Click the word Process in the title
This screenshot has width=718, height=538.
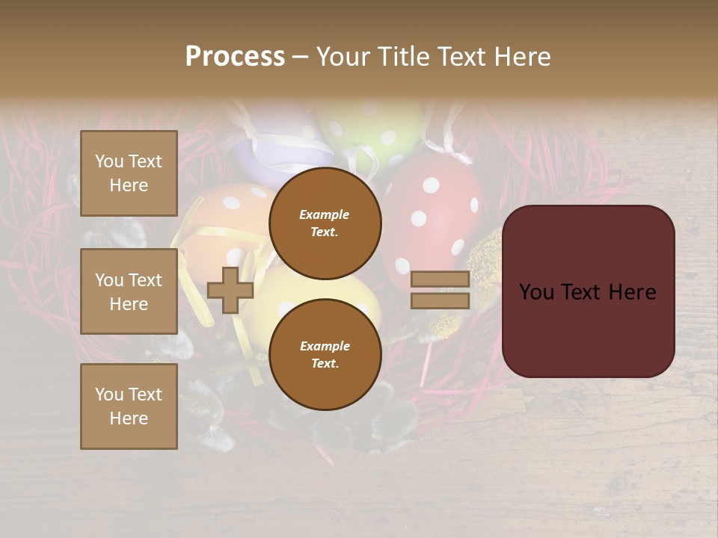click(x=235, y=57)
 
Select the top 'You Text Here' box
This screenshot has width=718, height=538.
click(x=129, y=173)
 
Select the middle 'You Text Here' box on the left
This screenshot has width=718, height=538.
click(x=129, y=291)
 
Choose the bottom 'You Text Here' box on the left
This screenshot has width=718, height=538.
click(x=129, y=406)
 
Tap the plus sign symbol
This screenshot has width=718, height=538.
click(x=230, y=290)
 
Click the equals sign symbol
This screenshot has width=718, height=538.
click(x=440, y=290)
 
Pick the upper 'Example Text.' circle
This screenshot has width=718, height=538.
click(x=325, y=223)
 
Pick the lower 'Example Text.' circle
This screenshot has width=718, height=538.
click(x=325, y=354)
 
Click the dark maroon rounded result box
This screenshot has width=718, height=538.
click(x=588, y=291)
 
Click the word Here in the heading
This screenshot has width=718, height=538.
click(x=523, y=57)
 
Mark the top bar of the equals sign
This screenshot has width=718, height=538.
click(x=440, y=279)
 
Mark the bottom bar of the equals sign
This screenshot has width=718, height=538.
click(x=440, y=300)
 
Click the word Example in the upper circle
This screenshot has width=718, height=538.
click(x=325, y=214)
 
